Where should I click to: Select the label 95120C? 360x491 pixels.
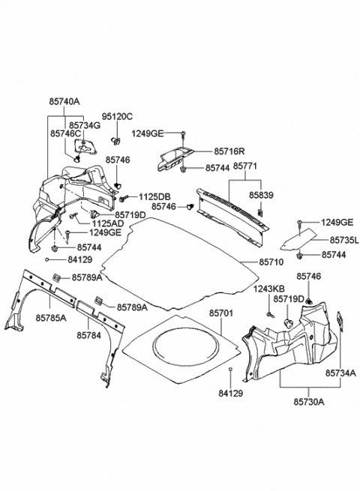click(117, 116)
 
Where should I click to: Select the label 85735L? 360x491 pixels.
click(344, 241)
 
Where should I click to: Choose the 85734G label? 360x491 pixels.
click(84, 124)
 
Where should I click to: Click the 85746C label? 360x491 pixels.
click(66, 133)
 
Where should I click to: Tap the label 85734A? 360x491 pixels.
click(340, 372)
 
